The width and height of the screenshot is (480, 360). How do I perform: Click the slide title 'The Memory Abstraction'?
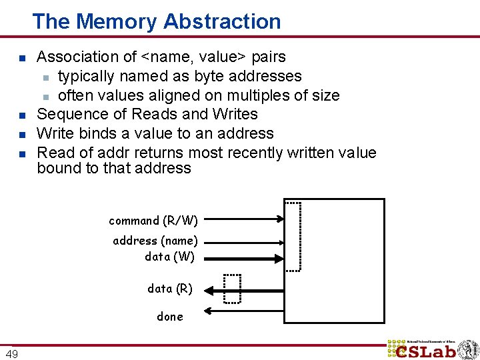pos(157,21)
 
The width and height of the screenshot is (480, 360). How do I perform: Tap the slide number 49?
pos(12,353)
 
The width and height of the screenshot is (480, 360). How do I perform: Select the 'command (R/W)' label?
pos(153,221)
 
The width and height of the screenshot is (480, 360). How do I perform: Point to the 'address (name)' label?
pos(155,241)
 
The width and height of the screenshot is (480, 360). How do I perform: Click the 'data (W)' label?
pos(169,257)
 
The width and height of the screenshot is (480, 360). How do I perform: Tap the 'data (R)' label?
pos(170,289)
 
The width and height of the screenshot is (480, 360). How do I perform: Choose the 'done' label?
pos(170,317)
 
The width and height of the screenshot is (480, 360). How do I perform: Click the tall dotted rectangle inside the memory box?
pos(293,236)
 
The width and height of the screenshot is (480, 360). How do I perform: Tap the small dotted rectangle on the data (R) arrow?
pos(232,289)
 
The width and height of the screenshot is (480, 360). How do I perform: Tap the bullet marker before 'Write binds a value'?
pos(22,134)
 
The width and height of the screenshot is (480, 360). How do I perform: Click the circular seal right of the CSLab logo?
pos(469,349)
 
